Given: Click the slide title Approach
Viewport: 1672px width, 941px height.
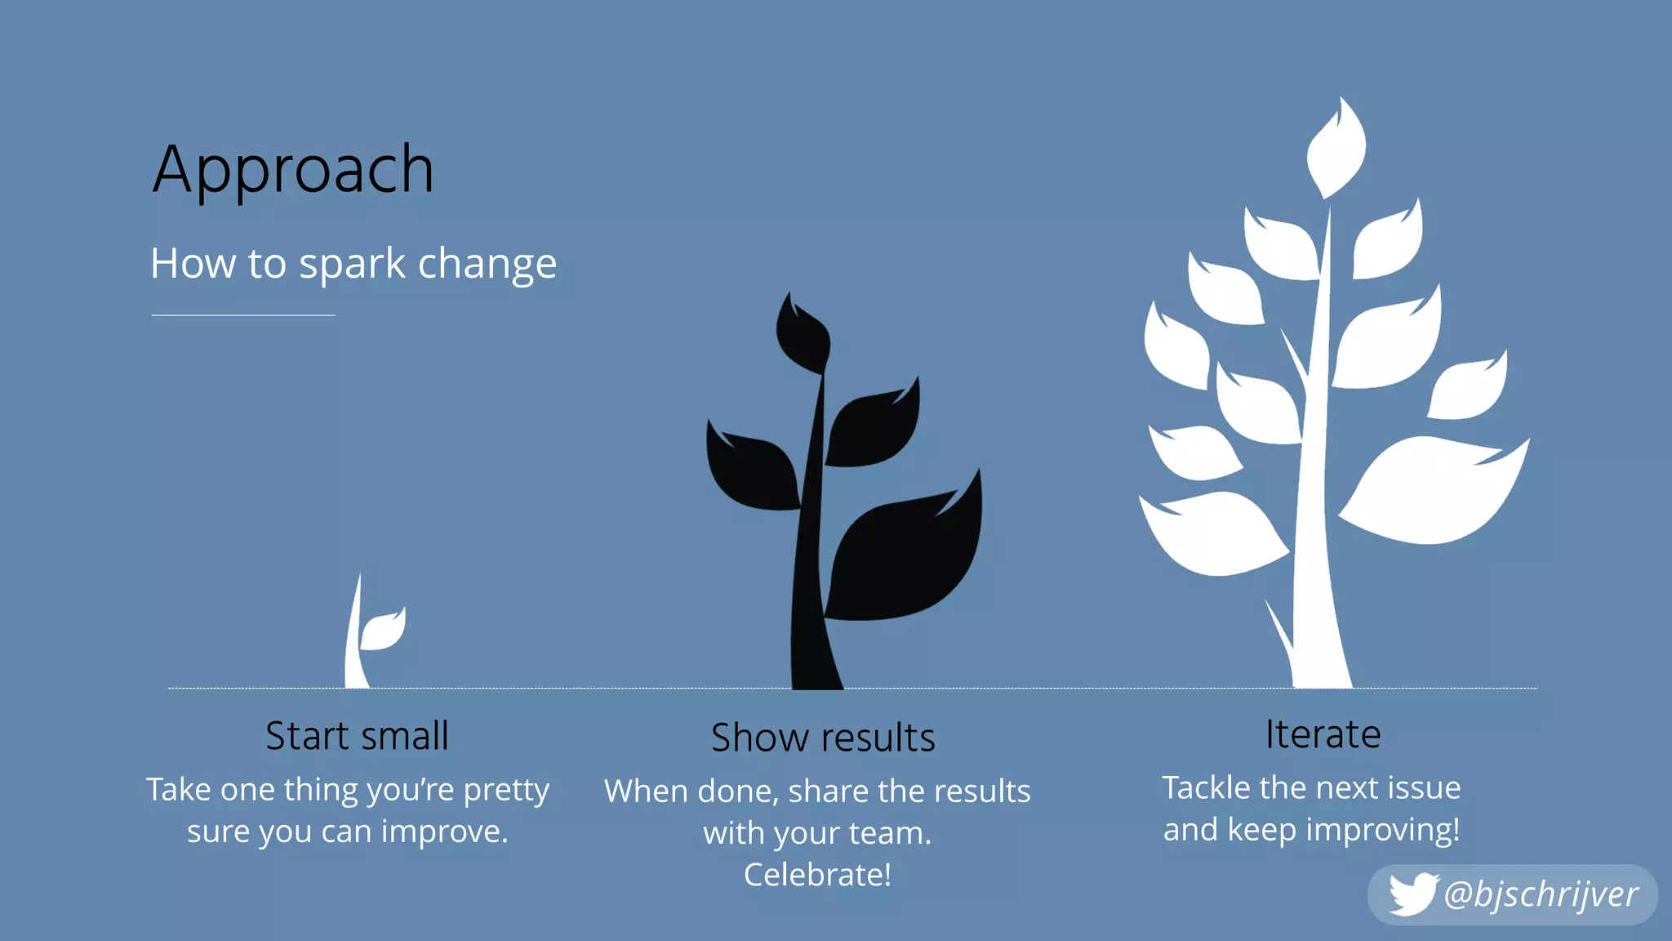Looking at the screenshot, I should pos(293,170).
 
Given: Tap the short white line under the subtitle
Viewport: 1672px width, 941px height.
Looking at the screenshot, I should pos(243,314).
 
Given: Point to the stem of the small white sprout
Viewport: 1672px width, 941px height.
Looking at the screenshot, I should pos(354,645).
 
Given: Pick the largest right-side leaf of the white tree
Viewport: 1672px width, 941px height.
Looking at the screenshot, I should pos(1433,490).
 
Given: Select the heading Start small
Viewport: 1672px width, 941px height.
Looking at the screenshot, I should pos(357,736).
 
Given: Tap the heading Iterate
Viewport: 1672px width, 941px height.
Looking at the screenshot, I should pos(1323,734).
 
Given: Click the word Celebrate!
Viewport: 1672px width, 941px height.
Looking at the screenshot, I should pos(817,875).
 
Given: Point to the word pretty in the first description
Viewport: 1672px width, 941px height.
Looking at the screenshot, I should pos(506,791).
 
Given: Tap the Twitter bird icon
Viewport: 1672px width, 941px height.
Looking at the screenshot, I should pos(1412,894).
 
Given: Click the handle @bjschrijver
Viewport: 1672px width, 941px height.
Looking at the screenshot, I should pos(1541,894).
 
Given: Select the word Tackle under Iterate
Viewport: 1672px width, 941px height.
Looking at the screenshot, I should pos(1206,788).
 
